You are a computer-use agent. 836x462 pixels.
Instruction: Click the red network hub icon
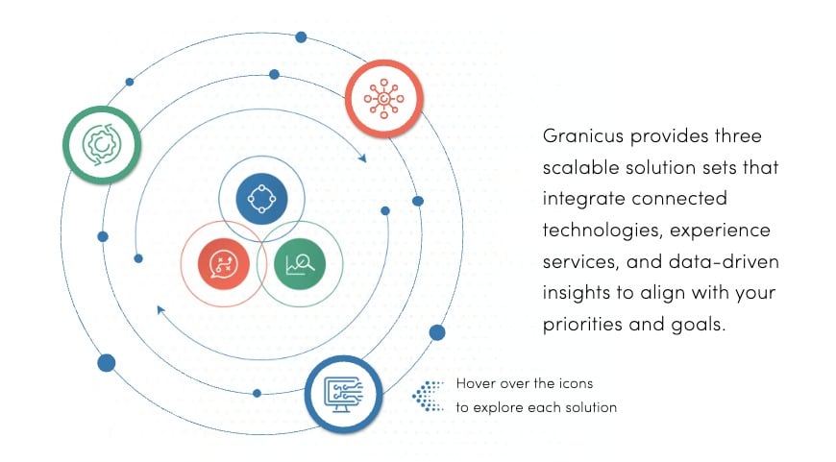[383, 99]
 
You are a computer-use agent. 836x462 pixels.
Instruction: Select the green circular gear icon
[102, 144]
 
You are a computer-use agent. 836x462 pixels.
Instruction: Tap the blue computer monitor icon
[344, 395]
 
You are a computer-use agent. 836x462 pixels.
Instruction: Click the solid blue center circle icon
[261, 199]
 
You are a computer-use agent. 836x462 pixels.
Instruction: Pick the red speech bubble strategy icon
[223, 264]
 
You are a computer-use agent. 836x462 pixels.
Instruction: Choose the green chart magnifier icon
[300, 264]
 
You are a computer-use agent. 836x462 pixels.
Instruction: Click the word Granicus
[582, 135]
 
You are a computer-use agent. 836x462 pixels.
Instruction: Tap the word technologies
[602, 231]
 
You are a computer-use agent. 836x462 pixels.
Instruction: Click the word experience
[720, 231]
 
